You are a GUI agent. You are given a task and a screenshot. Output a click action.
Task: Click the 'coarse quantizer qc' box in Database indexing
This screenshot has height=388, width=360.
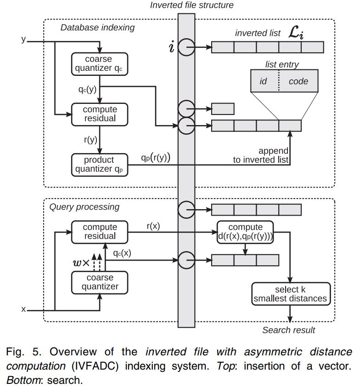[x=100, y=64]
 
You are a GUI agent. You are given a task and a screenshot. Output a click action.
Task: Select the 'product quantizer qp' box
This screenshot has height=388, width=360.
[x=100, y=164]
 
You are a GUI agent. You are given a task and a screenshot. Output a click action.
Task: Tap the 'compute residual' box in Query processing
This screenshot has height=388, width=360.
[x=100, y=232]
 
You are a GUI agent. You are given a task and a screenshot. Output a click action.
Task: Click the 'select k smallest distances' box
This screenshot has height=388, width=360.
[x=290, y=294]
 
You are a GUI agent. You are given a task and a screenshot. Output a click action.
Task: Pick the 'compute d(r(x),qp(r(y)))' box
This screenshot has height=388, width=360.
[x=245, y=232]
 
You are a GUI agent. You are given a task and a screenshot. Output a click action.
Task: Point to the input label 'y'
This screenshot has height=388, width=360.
[x=23, y=40]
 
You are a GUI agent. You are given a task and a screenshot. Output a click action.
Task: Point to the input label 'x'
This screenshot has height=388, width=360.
[x=23, y=309]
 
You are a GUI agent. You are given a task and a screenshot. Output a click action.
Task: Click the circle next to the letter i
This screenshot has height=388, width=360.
[x=186, y=47]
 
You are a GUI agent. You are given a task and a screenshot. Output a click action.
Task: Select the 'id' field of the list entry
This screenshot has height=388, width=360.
[x=264, y=81]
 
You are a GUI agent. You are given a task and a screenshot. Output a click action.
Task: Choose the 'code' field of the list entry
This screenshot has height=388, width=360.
[x=298, y=81]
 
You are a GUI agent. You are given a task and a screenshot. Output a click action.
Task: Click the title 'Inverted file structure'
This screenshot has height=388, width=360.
[x=191, y=6]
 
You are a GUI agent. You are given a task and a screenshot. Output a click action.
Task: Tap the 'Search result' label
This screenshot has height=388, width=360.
[x=289, y=330]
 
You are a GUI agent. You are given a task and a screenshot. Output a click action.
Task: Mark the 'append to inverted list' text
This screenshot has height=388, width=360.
[x=262, y=155]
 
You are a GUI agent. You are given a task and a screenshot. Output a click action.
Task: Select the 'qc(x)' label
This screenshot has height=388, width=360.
[x=123, y=252]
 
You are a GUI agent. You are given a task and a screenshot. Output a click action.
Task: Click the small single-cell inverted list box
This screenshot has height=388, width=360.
[x=223, y=109]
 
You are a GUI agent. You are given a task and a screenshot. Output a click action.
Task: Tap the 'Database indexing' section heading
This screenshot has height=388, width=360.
[x=97, y=28]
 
